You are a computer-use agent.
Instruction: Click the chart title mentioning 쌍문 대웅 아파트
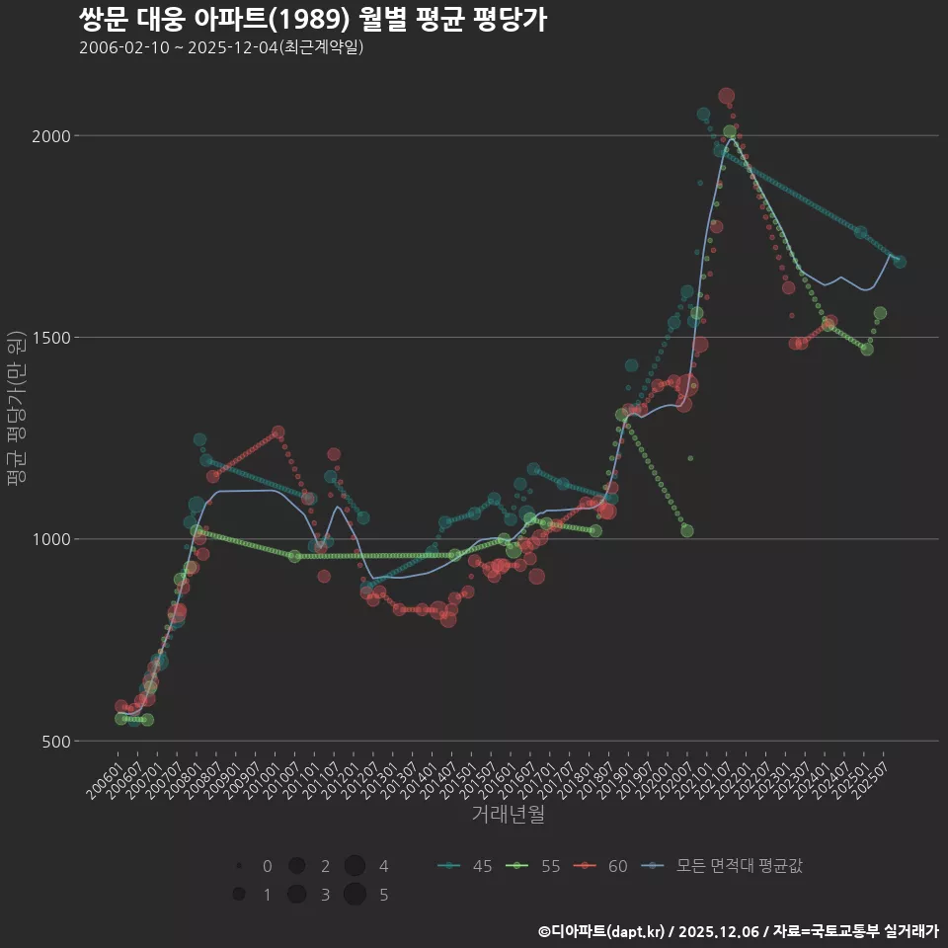312,20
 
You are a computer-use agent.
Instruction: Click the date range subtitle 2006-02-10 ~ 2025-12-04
222,47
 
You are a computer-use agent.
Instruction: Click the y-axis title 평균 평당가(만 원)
16,410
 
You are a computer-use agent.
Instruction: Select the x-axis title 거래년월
508,815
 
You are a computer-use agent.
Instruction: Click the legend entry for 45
466,866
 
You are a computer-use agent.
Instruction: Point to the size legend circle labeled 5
355,895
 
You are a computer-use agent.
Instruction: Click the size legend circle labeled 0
239,866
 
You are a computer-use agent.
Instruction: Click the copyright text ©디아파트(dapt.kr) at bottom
738,931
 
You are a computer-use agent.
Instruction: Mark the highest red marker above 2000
726,96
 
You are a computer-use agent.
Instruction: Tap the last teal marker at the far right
899,262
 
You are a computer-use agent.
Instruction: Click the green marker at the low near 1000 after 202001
686,530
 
